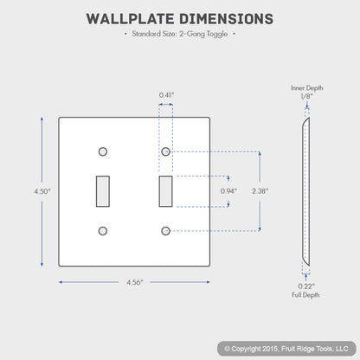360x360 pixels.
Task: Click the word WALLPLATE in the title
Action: point(131,19)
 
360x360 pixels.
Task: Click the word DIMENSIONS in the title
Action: point(227,19)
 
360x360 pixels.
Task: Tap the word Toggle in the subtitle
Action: point(217,34)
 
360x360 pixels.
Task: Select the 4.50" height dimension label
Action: point(42,191)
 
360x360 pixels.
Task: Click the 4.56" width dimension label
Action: point(135,282)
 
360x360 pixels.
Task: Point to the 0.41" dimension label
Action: point(166,95)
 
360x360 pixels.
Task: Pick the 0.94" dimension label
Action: point(228,191)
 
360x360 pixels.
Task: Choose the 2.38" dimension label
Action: point(260,191)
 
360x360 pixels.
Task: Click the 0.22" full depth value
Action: point(306,286)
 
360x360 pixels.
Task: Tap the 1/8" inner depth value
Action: point(306,96)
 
